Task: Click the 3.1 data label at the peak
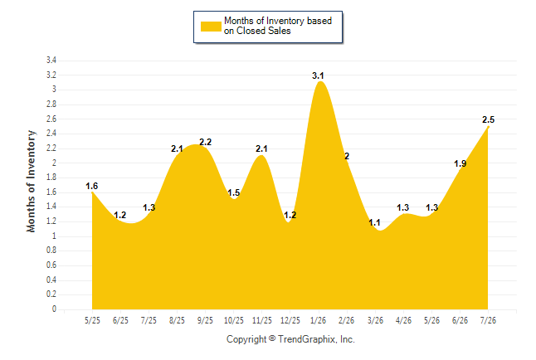(318, 75)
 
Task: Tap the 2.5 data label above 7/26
(488, 119)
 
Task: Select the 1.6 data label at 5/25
(91, 186)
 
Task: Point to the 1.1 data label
(374, 222)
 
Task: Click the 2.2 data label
(206, 142)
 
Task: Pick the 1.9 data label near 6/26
(460, 163)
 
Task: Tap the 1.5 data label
(234, 192)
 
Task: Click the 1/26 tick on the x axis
(319, 320)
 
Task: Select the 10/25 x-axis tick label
(234, 320)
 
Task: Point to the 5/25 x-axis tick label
(92, 320)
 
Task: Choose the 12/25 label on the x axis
(290, 320)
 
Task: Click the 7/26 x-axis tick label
(488, 320)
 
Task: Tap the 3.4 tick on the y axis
(51, 61)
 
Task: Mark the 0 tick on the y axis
(54, 309)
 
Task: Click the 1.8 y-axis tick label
(51, 177)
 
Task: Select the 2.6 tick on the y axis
(51, 119)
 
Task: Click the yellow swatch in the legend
(211, 27)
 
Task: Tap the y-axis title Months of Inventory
(31, 181)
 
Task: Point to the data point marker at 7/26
(488, 127)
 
